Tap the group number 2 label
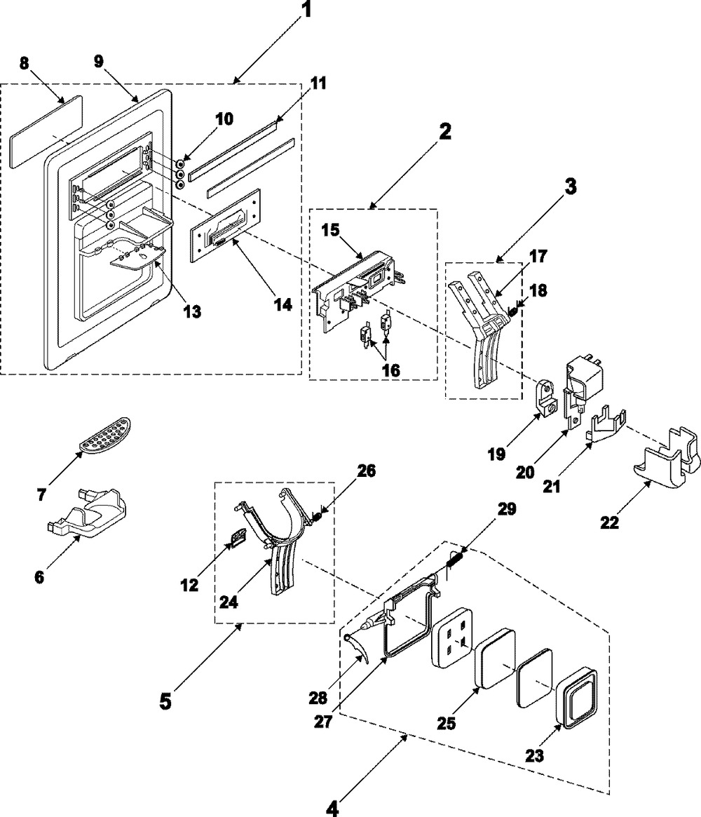click(445, 130)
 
